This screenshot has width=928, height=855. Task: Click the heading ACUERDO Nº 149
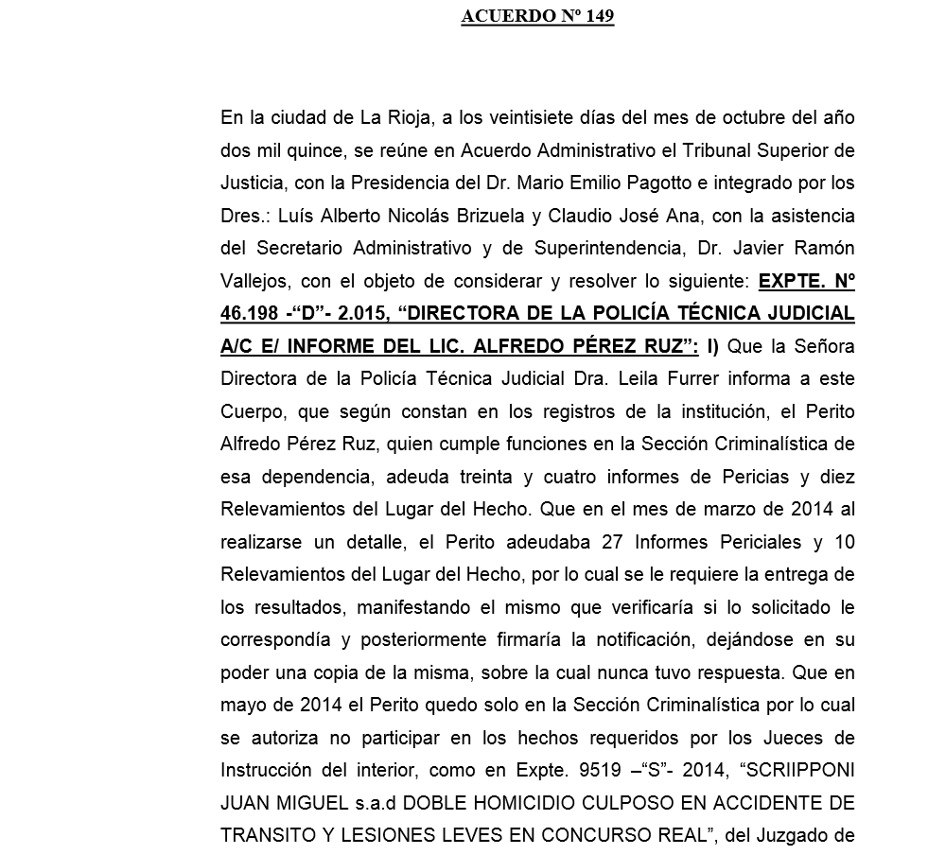click(x=537, y=17)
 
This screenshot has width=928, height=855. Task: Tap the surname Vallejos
click(x=254, y=281)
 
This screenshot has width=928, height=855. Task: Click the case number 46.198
click(x=251, y=314)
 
